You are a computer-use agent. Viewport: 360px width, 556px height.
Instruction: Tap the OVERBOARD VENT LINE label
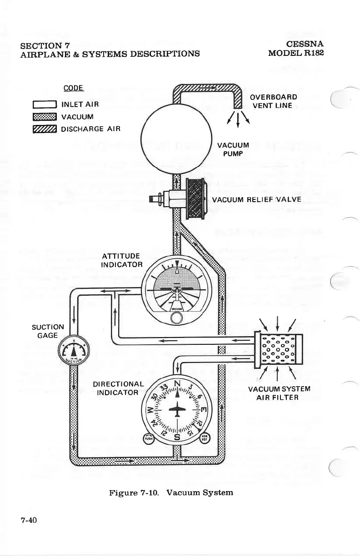click(274, 101)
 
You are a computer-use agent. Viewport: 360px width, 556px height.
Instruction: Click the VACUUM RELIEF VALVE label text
click(254, 200)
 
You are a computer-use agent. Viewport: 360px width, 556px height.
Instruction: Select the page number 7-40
click(29, 520)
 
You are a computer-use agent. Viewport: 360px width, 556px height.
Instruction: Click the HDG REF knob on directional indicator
click(203, 438)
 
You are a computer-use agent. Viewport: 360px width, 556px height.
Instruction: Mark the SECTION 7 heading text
click(45, 45)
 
